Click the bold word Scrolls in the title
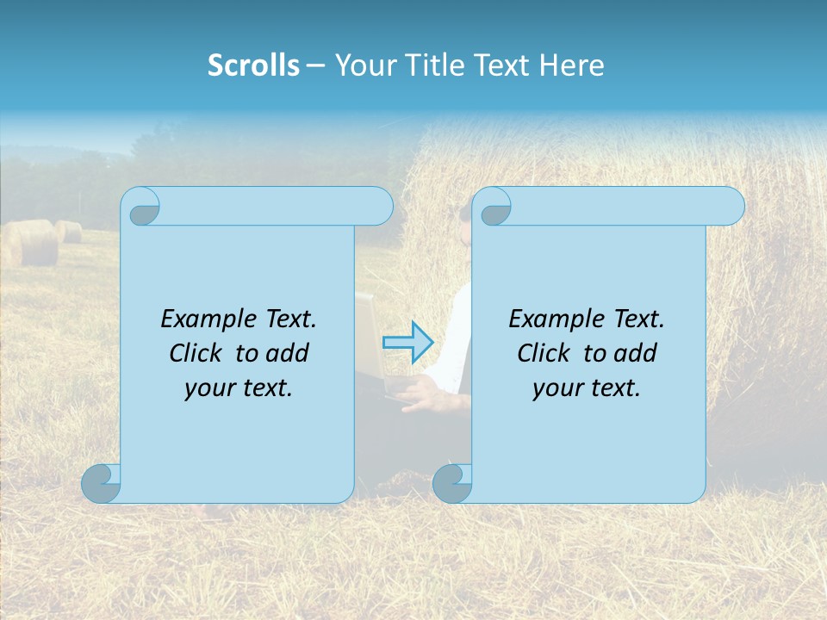(x=253, y=65)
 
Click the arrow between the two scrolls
(x=407, y=342)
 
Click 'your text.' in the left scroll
(x=239, y=388)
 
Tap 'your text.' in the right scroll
(x=587, y=388)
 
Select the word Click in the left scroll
(x=196, y=353)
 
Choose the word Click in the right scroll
(x=544, y=353)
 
